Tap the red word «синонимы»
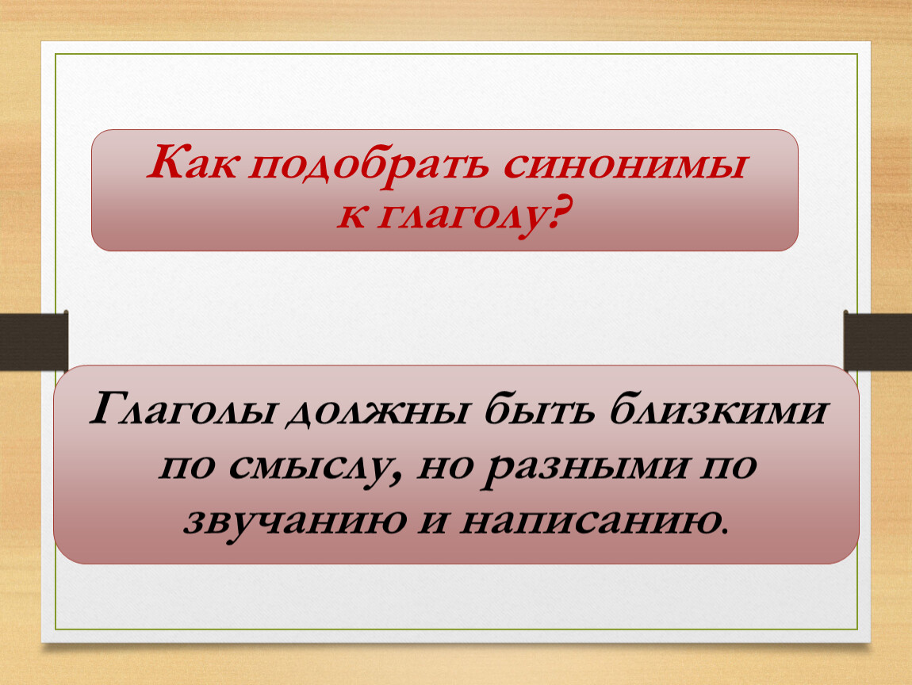623,166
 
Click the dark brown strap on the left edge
34,341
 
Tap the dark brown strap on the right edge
878,341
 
